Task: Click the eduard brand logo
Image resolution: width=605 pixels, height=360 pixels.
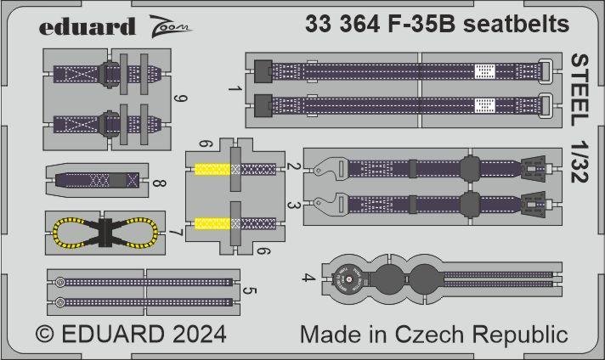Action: click(87, 26)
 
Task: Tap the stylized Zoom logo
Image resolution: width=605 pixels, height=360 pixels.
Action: click(171, 25)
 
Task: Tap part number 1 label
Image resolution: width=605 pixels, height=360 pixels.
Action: click(239, 89)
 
